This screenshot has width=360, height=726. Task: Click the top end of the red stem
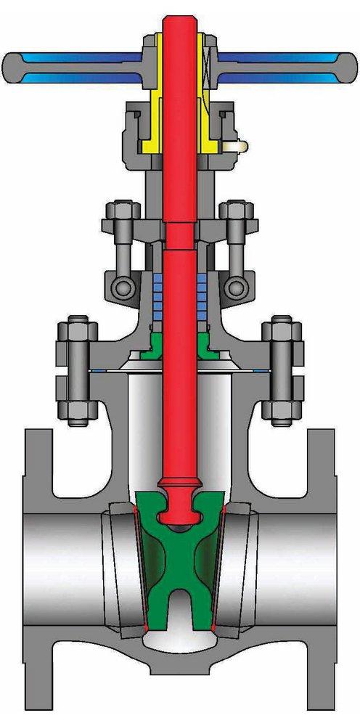[x=179, y=22]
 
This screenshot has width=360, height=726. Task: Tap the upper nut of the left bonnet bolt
[x=76, y=333]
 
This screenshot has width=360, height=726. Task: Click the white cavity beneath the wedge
[x=179, y=639]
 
